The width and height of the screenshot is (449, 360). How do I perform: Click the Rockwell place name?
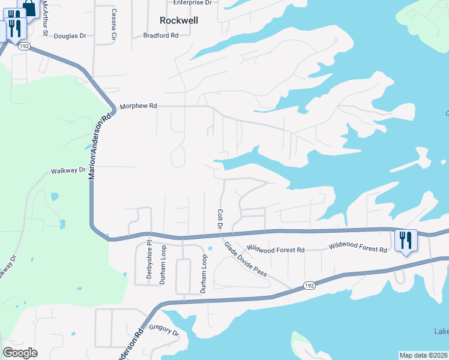[x=179, y=20]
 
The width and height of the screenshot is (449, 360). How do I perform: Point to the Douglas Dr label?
[x=70, y=36]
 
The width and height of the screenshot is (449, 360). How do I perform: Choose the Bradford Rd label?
[x=161, y=35]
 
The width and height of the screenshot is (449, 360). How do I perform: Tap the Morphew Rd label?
[x=138, y=106]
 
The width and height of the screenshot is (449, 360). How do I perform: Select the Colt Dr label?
[x=220, y=220]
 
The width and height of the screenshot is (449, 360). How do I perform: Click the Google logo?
[x=20, y=353]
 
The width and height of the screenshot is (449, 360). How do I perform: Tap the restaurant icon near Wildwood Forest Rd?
[x=406, y=240]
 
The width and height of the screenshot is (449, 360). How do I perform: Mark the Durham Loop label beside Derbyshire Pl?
[x=163, y=265]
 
